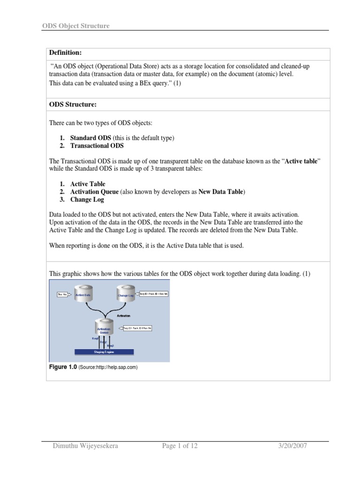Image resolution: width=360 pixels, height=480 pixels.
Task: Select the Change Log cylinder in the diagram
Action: click(126, 294)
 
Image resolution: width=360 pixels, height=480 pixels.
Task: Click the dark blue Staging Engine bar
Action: click(104, 351)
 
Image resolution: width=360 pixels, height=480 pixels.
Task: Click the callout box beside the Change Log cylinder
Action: click(153, 293)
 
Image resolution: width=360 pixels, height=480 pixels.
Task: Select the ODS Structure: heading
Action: click(72, 104)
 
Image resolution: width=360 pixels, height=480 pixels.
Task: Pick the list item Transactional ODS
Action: click(97, 146)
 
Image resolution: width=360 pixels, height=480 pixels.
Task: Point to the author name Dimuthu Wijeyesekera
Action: click(85, 446)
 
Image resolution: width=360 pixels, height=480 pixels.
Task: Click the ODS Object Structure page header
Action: click(75, 26)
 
